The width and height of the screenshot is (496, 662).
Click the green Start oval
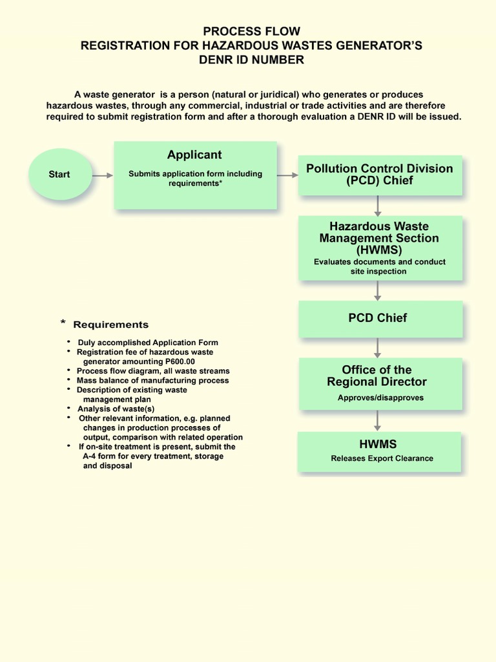click(x=60, y=175)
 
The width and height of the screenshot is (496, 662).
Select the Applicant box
click(x=195, y=175)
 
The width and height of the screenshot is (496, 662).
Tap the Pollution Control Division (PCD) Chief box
click(x=379, y=175)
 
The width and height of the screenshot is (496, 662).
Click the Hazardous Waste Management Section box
click(x=380, y=248)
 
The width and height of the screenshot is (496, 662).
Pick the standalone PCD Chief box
click(x=380, y=318)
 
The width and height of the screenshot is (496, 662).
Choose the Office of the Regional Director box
click(x=380, y=383)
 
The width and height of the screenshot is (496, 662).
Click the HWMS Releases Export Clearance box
click(x=379, y=451)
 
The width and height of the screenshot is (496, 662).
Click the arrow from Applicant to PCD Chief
click(x=287, y=175)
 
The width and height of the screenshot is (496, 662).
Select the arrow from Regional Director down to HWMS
click(x=378, y=421)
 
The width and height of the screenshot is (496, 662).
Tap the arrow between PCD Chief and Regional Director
click(x=378, y=348)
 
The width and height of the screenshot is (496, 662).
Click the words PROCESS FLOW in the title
click(x=252, y=31)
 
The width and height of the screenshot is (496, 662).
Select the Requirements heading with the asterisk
click(x=106, y=325)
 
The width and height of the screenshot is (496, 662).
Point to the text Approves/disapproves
click(x=380, y=398)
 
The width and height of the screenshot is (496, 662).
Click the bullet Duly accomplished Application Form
click(x=148, y=343)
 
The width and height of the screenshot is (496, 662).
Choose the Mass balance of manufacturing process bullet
click(x=152, y=381)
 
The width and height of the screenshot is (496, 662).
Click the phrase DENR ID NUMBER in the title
click(x=252, y=60)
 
